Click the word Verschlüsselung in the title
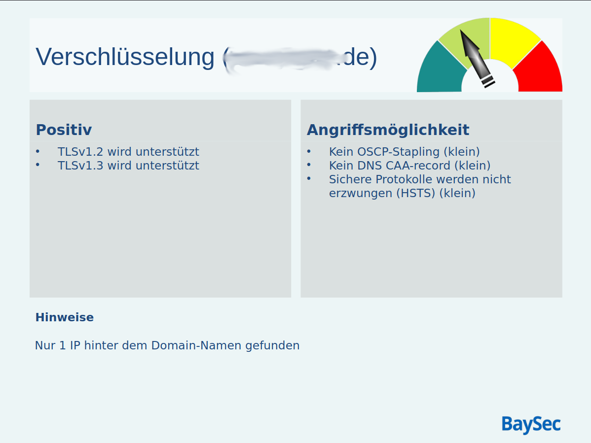[125, 57]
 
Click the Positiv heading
[64, 130]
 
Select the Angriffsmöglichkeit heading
[388, 130]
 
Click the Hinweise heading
[64, 317]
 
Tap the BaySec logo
[531, 424]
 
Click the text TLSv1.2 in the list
[80, 152]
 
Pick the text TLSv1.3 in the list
[80, 166]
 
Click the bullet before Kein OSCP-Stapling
[309, 151]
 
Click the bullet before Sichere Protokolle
[309, 179]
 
